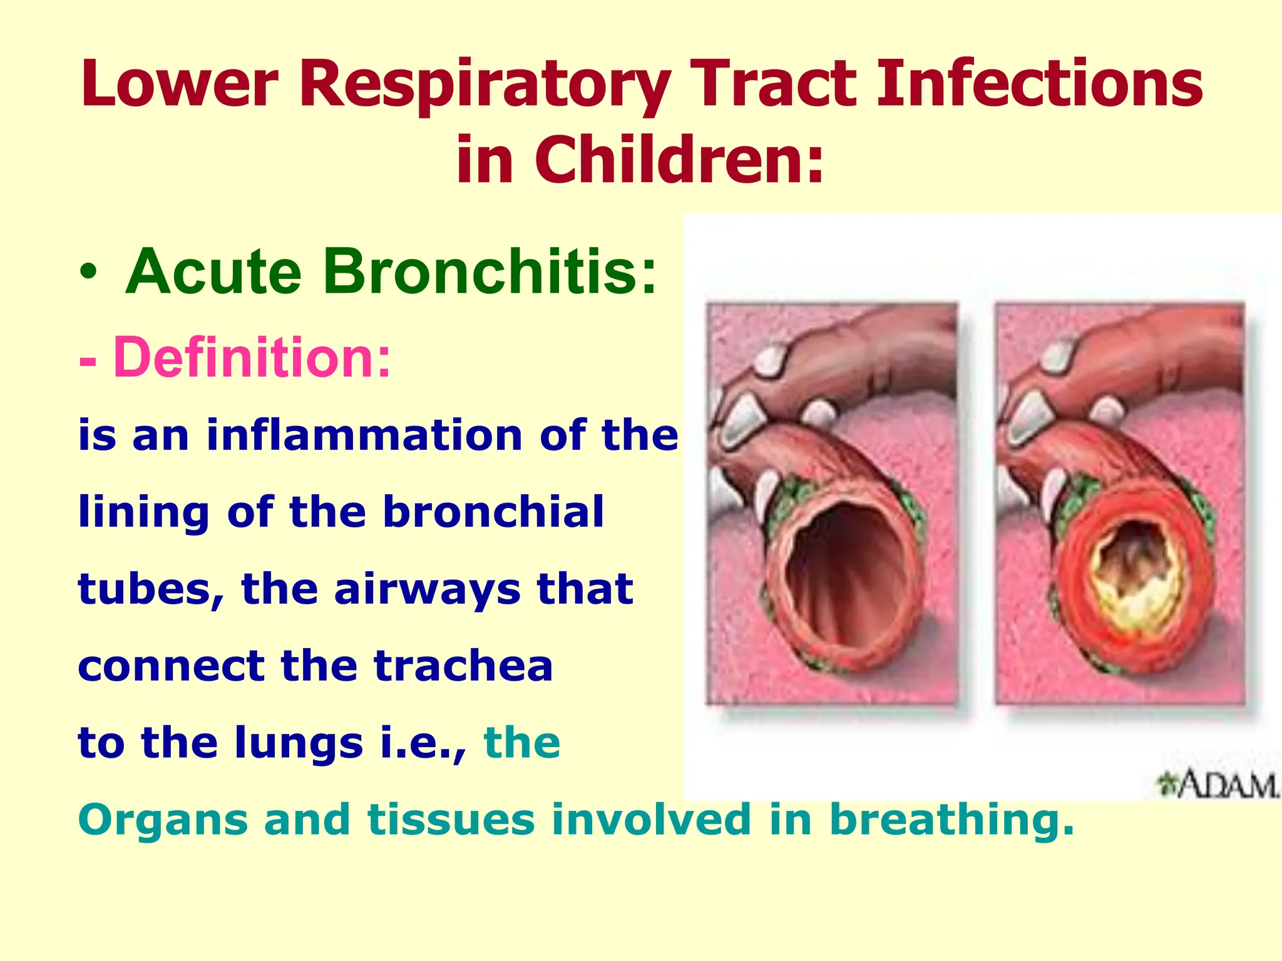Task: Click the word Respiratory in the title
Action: pyautogui.click(x=486, y=84)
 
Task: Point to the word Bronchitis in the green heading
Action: pyautogui.click(x=489, y=272)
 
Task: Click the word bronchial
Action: pyautogui.click(x=493, y=512)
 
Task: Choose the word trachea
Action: pyautogui.click(x=463, y=666)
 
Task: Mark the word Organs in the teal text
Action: pyautogui.click(x=163, y=820)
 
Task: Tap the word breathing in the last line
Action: pyautogui.click(x=951, y=820)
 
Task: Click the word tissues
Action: pyautogui.click(x=451, y=820)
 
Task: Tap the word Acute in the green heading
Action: pyautogui.click(x=213, y=272)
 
